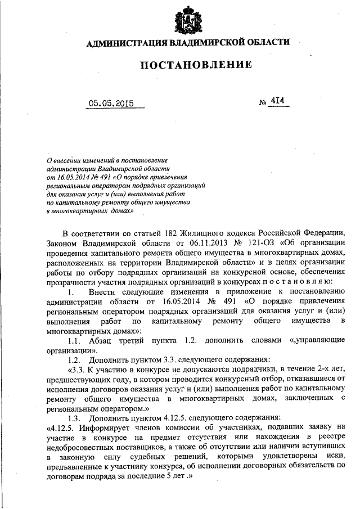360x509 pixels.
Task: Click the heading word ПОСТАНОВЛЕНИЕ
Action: [196, 65]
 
